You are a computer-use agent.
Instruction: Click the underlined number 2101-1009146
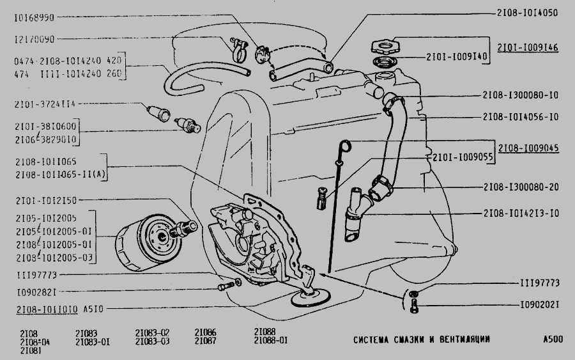[528, 47]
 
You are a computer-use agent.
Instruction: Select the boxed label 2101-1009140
[457, 56]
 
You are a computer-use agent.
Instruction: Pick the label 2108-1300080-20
[521, 187]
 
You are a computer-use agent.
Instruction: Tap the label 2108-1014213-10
[521, 212]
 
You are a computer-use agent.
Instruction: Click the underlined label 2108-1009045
[528, 148]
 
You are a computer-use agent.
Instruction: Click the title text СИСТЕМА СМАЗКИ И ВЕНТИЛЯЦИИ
[422, 339]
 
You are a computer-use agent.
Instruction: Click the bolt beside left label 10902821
[224, 287]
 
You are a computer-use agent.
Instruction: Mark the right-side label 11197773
[539, 282]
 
